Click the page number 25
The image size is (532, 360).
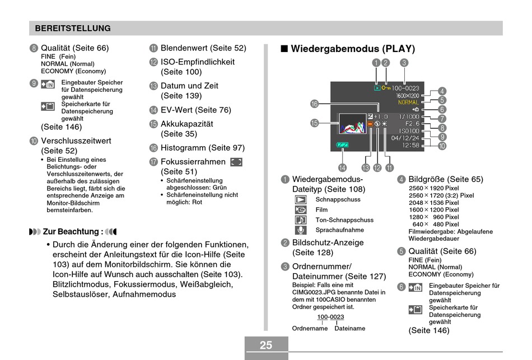click(266, 345)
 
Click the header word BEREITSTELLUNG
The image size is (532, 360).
click(73, 29)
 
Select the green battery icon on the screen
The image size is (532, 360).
click(342, 145)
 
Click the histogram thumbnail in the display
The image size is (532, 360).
click(353, 124)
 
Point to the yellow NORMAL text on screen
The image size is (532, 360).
click(408, 102)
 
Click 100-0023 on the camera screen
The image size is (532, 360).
click(405, 88)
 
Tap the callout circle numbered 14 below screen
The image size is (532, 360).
click(342, 168)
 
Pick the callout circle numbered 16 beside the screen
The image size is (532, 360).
click(315, 104)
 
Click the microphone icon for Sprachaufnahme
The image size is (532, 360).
click(301, 230)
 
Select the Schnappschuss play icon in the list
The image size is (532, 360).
click(301, 199)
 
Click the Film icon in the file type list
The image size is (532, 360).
click(301, 210)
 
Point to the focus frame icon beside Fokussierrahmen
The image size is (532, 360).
click(236, 162)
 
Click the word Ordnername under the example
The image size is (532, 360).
click(310, 329)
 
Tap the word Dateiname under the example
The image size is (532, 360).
click(350, 329)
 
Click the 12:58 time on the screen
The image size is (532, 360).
click(411, 145)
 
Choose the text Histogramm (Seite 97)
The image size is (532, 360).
click(203, 148)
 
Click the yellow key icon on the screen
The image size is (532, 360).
click(386, 88)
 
